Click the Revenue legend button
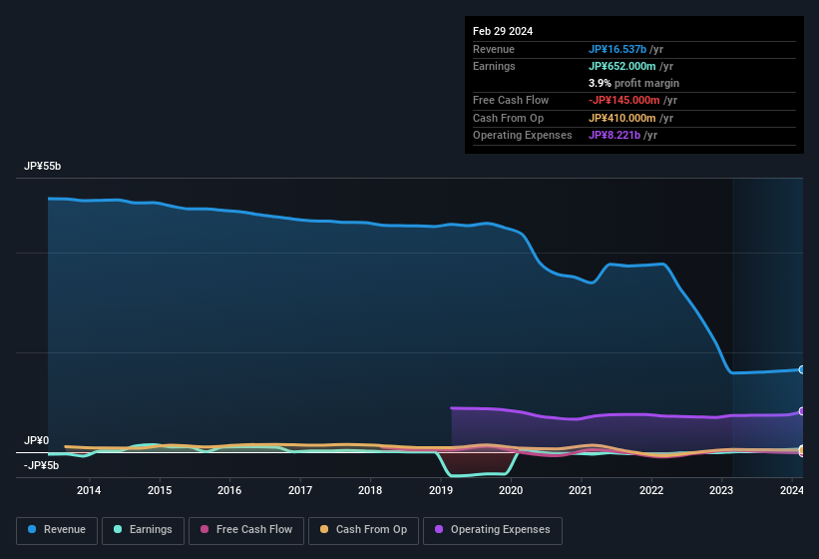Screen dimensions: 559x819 [x=57, y=530]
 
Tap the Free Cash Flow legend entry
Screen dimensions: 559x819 [x=246, y=530]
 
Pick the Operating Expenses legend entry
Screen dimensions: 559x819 [x=492, y=530]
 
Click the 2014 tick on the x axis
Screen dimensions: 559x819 [x=89, y=489]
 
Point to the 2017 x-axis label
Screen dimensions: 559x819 [x=300, y=489]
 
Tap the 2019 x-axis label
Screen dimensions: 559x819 [x=441, y=489]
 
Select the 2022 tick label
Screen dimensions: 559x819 [x=651, y=489]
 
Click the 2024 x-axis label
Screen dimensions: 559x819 [x=792, y=489]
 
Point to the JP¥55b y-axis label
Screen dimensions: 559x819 [x=43, y=167]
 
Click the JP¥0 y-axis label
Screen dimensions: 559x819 [x=36, y=440]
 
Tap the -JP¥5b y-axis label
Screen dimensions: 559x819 [x=41, y=465]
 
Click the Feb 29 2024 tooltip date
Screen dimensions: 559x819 [x=503, y=31]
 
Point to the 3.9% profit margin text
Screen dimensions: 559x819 [x=633, y=83]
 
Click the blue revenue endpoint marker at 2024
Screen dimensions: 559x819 [x=802, y=369]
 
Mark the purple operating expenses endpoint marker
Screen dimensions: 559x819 [x=802, y=411]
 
